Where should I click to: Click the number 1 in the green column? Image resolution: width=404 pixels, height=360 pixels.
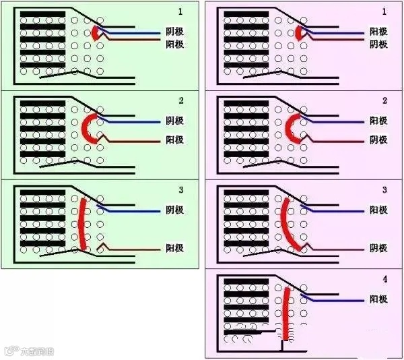coord(180,12)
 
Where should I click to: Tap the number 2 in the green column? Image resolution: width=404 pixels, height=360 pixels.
coord(180,100)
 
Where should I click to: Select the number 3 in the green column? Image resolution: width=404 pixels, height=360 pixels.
coord(180,189)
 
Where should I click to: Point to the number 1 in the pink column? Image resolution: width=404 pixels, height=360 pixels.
coord(384,12)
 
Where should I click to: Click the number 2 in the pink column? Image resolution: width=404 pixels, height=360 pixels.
coord(384,100)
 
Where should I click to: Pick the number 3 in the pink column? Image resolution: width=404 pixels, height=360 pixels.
coord(384,189)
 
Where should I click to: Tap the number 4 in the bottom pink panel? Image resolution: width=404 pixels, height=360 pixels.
coord(384,278)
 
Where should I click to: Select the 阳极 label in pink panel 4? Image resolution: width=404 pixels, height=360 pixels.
coord(378,299)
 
